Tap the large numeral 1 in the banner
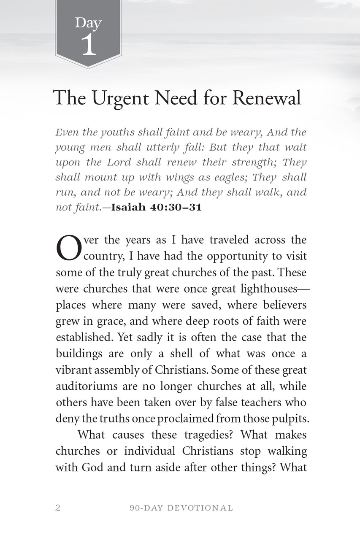click(x=89, y=45)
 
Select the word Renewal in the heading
click(x=267, y=98)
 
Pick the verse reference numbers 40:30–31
click(x=176, y=208)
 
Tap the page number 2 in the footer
click(x=58, y=508)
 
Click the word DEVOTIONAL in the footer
click(x=200, y=508)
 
